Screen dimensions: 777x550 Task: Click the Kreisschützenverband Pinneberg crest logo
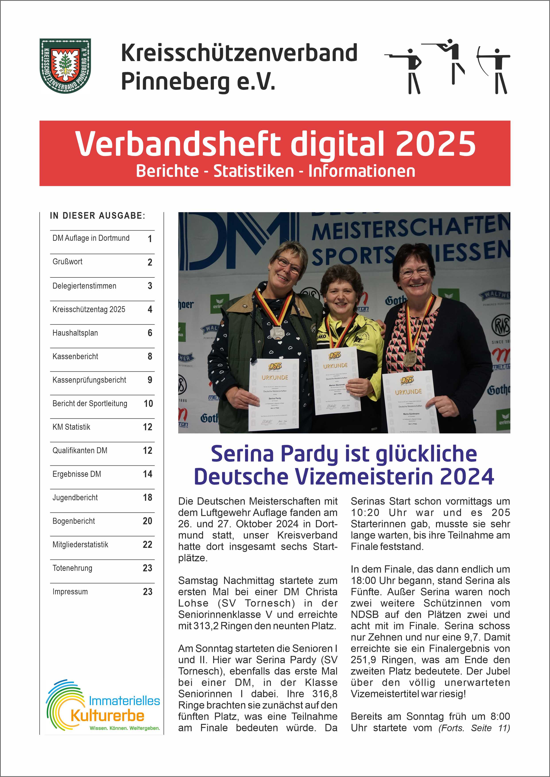(65, 66)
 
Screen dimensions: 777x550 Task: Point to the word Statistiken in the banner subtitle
(254, 171)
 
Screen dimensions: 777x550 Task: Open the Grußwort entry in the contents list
(67, 262)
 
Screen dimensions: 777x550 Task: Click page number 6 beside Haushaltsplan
(150, 333)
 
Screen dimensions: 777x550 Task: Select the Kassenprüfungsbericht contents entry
(89, 380)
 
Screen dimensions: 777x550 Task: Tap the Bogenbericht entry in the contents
(74, 521)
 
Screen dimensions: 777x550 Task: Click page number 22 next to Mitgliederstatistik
(147, 544)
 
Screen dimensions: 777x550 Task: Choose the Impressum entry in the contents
(70, 592)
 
